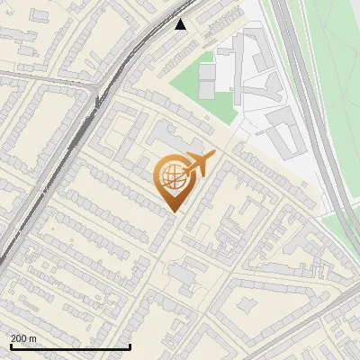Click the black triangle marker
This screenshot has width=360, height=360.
[182, 24]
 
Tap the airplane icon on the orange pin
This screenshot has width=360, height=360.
[199, 165]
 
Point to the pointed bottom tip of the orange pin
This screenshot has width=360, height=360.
[172, 211]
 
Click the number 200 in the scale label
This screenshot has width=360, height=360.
[19, 337]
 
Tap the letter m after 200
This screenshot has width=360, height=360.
[33, 337]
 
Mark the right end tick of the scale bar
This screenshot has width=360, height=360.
[130, 346]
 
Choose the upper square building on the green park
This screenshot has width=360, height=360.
[207, 70]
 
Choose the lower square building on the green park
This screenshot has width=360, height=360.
[207, 88]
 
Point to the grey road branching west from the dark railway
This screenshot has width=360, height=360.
[54, 77]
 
